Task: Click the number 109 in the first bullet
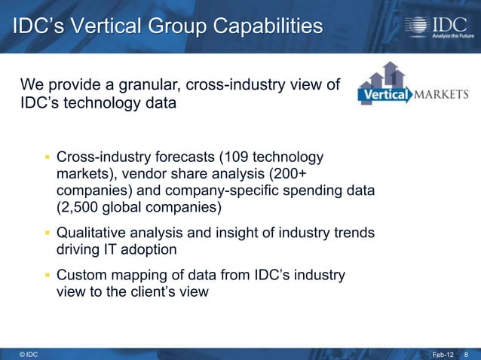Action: click(x=236, y=157)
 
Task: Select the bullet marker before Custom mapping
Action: click(x=47, y=276)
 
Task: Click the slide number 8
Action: click(x=467, y=353)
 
